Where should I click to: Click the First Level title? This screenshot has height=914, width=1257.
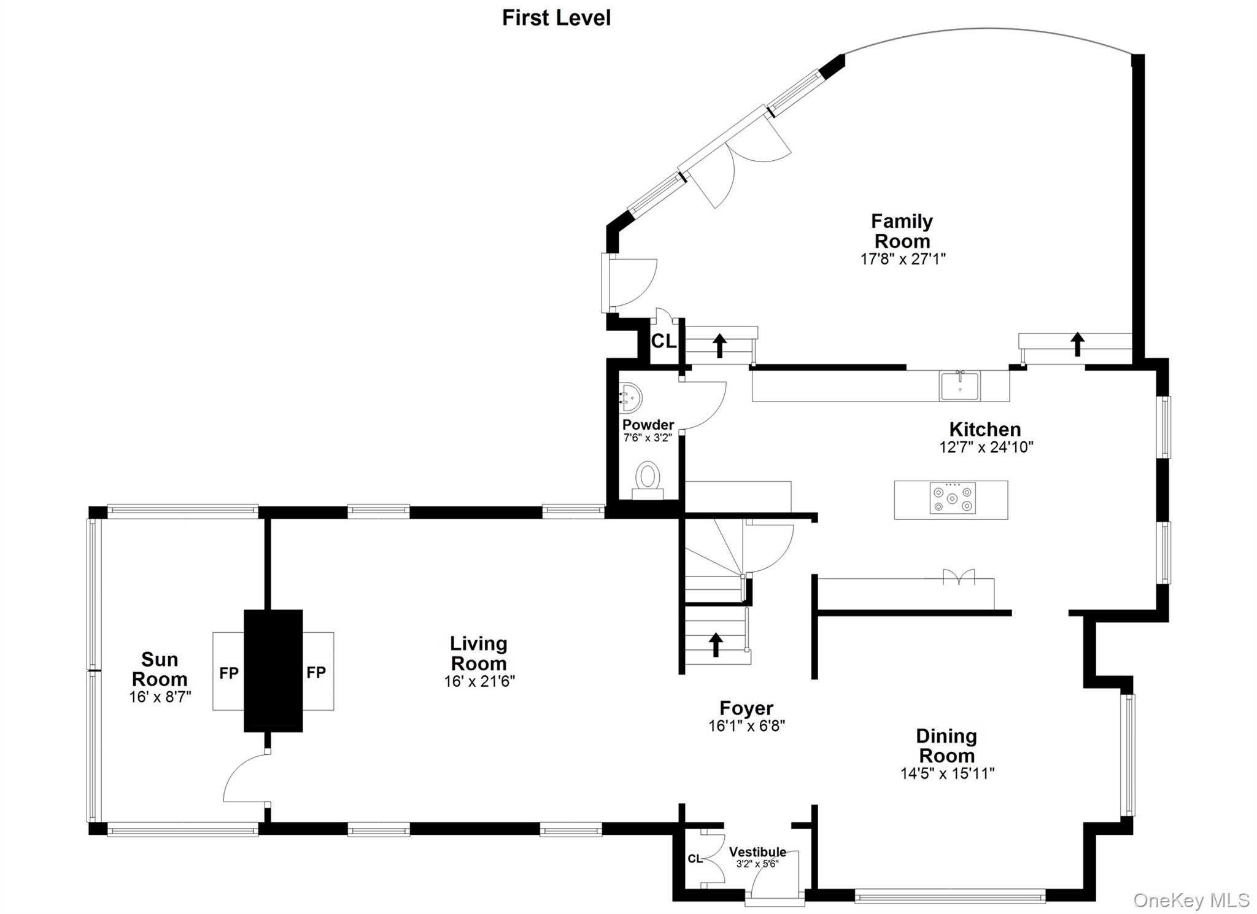click(556, 18)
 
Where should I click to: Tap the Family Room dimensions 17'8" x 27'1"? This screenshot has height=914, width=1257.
click(902, 259)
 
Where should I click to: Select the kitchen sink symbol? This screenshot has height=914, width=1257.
click(959, 385)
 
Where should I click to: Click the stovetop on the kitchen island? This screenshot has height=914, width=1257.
click(952, 499)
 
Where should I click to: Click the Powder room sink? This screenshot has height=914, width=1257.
click(630, 398)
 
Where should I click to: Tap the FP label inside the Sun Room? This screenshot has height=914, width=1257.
click(229, 673)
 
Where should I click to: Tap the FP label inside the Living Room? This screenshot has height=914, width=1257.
click(316, 673)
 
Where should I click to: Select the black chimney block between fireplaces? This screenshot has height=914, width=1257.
click(273, 670)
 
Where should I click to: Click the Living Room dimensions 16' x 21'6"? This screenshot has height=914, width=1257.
click(479, 681)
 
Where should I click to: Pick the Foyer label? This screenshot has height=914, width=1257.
click(746, 708)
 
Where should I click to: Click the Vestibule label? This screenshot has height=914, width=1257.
click(757, 852)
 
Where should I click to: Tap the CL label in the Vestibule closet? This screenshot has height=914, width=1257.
click(695, 859)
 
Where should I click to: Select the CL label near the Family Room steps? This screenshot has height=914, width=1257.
click(663, 341)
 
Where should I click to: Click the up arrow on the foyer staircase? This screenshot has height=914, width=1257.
click(716, 645)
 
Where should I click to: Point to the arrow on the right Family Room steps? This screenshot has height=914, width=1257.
click(1077, 344)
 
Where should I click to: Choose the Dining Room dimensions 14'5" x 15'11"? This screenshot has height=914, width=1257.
click(947, 773)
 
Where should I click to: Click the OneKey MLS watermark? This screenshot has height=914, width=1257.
click(1191, 900)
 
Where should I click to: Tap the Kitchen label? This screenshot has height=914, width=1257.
click(984, 429)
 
